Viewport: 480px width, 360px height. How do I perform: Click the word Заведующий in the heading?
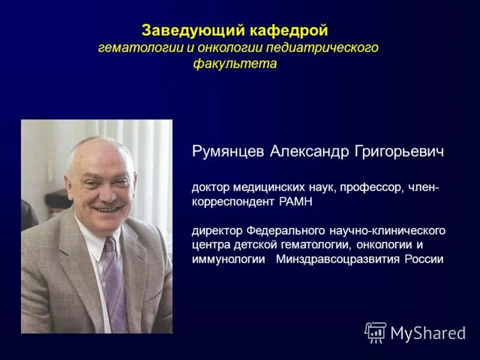(x=180, y=30)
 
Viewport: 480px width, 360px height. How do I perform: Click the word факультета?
(x=235, y=63)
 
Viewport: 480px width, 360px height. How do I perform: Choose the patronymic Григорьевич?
(x=400, y=151)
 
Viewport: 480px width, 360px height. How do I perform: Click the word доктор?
(x=208, y=187)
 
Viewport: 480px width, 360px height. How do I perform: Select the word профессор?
(x=372, y=187)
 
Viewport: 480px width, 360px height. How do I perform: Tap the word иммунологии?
(x=228, y=259)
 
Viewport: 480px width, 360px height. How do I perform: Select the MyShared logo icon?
(x=376, y=332)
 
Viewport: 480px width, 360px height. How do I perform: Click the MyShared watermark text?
(x=428, y=333)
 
